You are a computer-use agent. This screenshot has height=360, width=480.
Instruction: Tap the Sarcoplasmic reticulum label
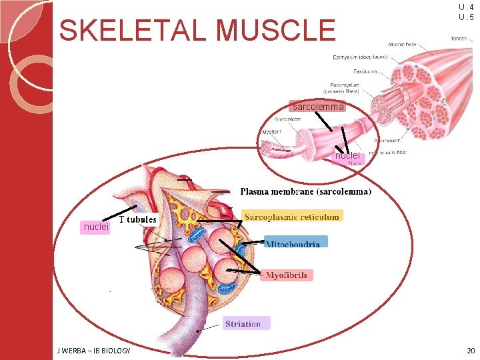pyautogui.click(x=293, y=216)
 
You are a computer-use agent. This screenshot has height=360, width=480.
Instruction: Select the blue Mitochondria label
pyautogui.click(x=296, y=243)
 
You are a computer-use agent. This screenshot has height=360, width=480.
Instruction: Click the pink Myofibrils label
pyautogui.click(x=286, y=275)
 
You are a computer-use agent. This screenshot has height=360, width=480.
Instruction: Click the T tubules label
pyautogui.click(x=137, y=219)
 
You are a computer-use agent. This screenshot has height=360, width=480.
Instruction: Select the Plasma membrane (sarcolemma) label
pyautogui.click(x=306, y=191)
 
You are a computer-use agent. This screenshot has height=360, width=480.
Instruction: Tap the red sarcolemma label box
pyautogui.click(x=317, y=107)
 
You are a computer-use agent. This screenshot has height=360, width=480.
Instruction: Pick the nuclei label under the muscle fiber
pyautogui.click(x=347, y=155)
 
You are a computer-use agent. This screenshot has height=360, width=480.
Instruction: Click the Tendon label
pyautogui.click(x=459, y=38)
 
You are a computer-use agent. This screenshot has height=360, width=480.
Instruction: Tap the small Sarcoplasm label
pyautogui.click(x=288, y=119)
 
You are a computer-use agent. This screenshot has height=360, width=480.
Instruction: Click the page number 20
pyautogui.click(x=471, y=351)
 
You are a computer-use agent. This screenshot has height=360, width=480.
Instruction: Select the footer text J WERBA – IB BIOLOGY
pyautogui.click(x=94, y=351)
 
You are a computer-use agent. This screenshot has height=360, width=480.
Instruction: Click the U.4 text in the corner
pyautogui.click(x=466, y=7)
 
